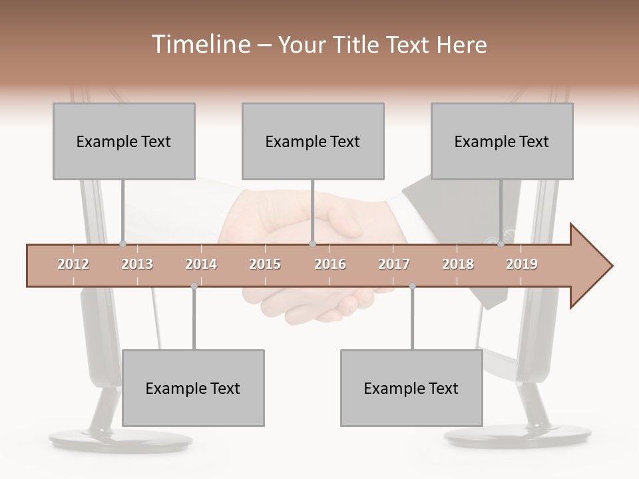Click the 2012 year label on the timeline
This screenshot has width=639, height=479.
[73, 264]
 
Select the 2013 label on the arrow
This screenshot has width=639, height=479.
[137, 264]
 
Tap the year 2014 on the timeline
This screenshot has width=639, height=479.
[201, 264]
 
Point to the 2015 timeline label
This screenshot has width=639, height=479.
[265, 264]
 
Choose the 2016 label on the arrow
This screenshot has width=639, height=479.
[330, 264]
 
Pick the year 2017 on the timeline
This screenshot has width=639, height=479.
[394, 264]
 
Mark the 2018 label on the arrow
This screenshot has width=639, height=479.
[458, 264]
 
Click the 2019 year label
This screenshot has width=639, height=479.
[522, 264]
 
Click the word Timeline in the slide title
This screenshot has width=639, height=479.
[199, 45]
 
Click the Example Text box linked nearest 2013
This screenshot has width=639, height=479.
[124, 141]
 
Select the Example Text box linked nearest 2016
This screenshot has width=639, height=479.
[313, 141]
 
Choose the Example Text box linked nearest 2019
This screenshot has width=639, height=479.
[502, 141]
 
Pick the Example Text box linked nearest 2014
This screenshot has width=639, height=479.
[193, 388]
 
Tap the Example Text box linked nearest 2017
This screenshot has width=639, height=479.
[411, 388]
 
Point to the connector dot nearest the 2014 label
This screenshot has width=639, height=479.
[194, 286]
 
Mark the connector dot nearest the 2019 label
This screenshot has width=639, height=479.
[501, 244]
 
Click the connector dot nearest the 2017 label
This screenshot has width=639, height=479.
[412, 286]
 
